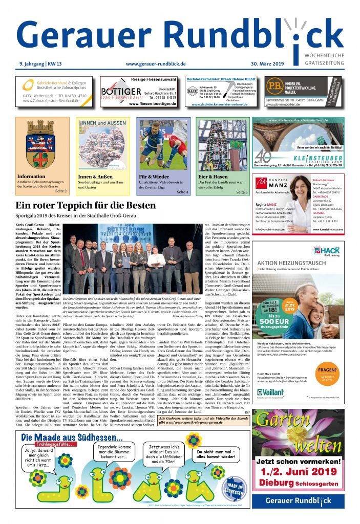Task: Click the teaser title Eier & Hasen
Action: [x=213, y=177]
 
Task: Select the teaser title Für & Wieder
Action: [x=154, y=177]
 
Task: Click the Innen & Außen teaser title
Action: [x=95, y=177]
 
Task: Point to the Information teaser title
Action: [x=31, y=177]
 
